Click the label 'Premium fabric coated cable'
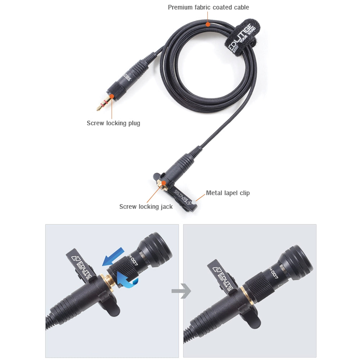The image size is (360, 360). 208,7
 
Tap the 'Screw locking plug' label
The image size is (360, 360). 113,123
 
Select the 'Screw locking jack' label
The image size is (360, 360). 146,207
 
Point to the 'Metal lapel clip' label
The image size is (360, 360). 228,193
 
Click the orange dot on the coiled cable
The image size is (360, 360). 208,24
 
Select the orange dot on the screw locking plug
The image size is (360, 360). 112,96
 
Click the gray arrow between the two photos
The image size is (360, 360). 181,291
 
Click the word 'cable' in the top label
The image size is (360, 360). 241,7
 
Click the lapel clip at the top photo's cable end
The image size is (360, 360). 180,196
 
